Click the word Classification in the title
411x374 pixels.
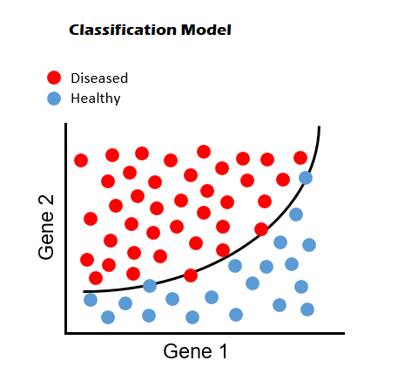coord(123,30)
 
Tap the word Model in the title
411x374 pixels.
coord(206,30)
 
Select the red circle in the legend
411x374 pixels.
coord(54,78)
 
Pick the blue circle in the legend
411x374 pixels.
coord(54,99)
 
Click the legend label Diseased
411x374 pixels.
coord(99,78)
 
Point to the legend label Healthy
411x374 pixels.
coord(96,99)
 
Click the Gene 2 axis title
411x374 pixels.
coord(46,227)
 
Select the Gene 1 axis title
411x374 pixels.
coord(195,351)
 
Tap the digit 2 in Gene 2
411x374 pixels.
coord(46,201)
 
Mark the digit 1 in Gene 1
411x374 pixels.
coord(222,351)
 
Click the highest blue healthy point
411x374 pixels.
coord(306,178)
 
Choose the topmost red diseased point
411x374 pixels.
coord(204,152)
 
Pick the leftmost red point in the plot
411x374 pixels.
coord(81,160)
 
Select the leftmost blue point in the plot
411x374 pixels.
coord(91,299)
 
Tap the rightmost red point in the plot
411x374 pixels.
coord(300,158)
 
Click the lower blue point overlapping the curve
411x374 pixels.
coord(150,286)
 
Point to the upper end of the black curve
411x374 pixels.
coord(320,126)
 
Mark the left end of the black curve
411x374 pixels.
coord(84,291)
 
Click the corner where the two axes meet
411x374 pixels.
coord(66,333)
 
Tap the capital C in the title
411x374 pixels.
coord(74,30)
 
